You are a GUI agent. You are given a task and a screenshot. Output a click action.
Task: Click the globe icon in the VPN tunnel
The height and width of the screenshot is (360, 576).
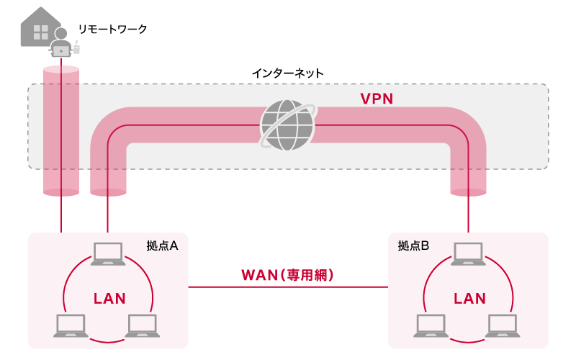[287, 125]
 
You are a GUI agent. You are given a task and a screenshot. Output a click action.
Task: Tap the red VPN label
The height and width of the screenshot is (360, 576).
[377, 99]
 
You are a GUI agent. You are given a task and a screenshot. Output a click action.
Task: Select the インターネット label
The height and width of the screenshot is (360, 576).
[287, 73]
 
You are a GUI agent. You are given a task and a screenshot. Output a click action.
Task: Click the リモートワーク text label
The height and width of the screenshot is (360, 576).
[112, 29]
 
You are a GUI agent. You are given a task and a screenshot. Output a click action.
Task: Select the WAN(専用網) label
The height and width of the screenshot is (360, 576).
[288, 275]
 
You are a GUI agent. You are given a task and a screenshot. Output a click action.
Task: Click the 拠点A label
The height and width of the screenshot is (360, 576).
[162, 246]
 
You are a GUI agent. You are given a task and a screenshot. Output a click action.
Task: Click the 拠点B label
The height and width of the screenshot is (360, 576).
[413, 246]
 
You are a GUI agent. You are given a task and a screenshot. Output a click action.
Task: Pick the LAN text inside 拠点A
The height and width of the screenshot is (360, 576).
[109, 298]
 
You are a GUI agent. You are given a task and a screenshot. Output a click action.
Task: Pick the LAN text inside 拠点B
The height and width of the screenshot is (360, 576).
[469, 298]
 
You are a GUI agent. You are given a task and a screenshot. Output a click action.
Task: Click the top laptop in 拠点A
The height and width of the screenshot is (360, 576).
[109, 254]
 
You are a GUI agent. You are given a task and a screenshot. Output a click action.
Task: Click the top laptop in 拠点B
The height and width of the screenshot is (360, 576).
[469, 254]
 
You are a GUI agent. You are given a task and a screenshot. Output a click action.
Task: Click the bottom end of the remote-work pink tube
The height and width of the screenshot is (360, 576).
[61, 192]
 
